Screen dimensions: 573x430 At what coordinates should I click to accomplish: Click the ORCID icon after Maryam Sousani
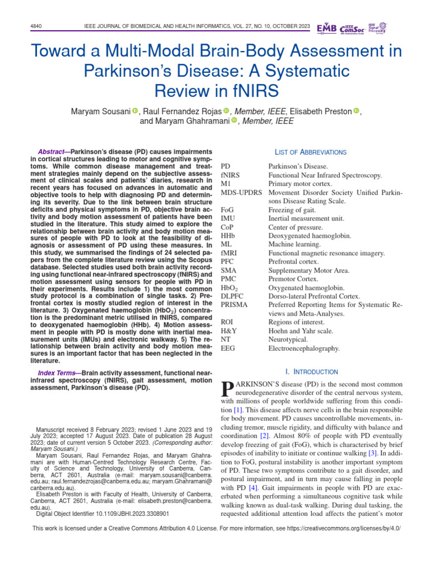(x=135, y=111)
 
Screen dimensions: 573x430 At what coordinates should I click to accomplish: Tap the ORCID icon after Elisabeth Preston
(x=356, y=111)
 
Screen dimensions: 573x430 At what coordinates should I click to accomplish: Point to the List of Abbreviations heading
(x=311, y=152)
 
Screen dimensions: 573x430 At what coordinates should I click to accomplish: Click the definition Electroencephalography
(x=304, y=349)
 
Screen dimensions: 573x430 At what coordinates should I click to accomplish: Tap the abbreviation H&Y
(x=228, y=331)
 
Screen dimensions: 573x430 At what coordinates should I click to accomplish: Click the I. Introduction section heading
(x=311, y=372)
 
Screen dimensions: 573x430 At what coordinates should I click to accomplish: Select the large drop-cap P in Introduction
(x=227, y=389)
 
